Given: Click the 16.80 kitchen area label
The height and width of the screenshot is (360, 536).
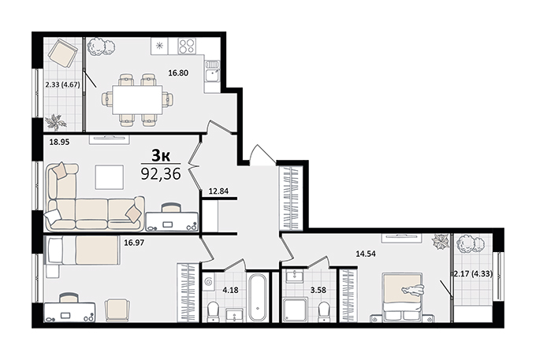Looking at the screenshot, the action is click(x=178, y=72).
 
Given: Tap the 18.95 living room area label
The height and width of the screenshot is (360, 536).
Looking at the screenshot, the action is click(x=59, y=142).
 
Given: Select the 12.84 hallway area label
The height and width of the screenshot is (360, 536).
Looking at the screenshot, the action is click(x=218, y=191).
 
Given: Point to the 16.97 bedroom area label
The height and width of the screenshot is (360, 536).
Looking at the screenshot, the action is click(x=134, y=243).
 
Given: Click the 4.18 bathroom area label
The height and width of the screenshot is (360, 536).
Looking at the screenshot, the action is click(x=230, y=291).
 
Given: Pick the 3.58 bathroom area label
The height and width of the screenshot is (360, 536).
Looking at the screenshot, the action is click(x=318, y=291).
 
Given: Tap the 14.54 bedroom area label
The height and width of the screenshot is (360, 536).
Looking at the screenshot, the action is click(x=366, y=254).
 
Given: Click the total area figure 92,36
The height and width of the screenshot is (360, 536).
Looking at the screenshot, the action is click(x=161, y=174).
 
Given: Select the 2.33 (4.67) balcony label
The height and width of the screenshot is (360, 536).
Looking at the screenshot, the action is click(x=62, y=84).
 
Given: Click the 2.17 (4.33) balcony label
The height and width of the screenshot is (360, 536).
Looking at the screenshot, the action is click(x=473, y=273).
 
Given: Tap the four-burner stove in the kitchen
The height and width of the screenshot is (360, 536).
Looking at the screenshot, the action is click(x=187, y=46).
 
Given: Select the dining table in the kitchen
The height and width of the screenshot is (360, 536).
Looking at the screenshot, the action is click(x=137, y=100).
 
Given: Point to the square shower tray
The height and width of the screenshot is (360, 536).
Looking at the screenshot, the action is click(x=296, y=310).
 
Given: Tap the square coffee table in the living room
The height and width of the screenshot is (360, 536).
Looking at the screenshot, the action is click(x=110, y=177).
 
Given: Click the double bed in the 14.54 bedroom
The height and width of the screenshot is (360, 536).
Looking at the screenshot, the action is click(x=402, y=297).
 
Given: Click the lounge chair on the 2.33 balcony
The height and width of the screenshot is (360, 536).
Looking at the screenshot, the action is click(x=62, y=54).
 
